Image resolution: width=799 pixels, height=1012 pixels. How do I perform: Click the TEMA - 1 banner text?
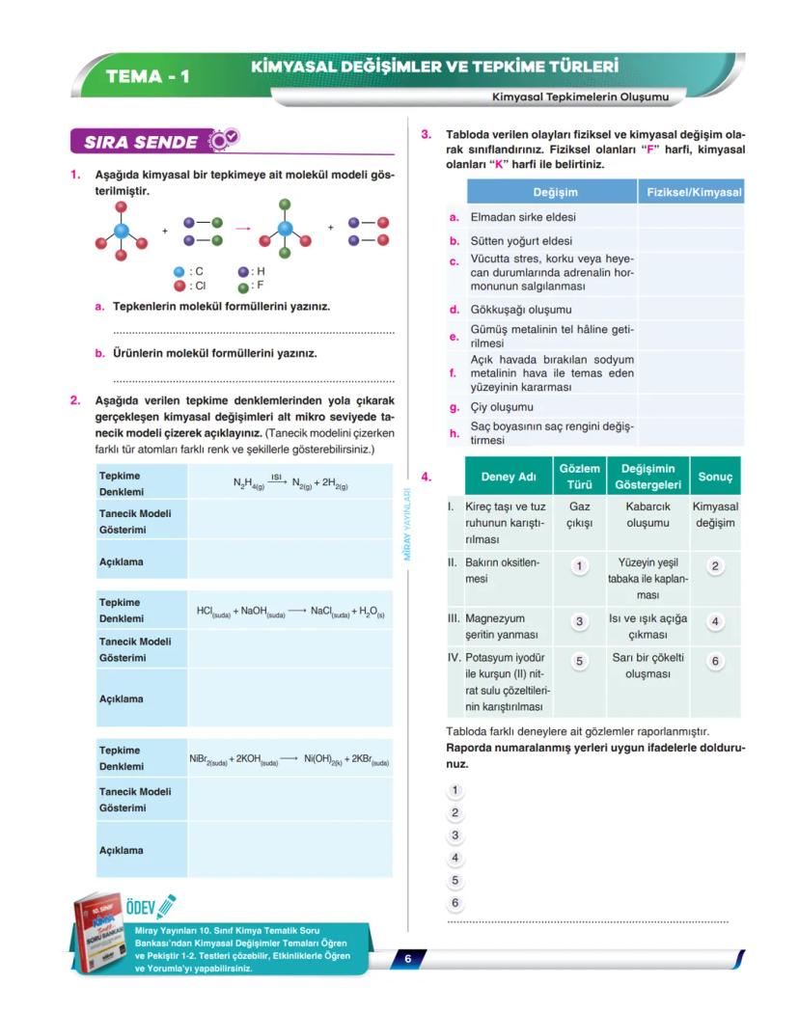(147, 76)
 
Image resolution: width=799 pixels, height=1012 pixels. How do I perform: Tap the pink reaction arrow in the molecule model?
(242, 229)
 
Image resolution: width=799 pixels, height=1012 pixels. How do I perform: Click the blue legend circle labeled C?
(179, 272)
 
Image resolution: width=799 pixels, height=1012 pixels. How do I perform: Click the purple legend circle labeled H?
(244, 272)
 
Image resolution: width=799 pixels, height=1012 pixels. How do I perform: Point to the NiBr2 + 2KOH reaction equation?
(289, 759)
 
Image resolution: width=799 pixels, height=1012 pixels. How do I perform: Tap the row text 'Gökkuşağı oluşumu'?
(521, 310)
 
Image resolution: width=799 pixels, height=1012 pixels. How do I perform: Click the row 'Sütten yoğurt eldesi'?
(521, 241)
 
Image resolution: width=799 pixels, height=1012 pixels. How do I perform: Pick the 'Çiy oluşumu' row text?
(502, 407)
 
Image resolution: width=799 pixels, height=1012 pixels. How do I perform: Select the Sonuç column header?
(715, 477)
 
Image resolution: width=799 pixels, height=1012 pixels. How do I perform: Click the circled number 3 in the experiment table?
(579, 622)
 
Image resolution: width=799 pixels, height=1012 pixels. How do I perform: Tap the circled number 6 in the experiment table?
(715, 662)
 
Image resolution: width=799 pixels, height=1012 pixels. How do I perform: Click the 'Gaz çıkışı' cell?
(579, 514)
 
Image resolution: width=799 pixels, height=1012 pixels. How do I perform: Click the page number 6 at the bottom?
(408, 959)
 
